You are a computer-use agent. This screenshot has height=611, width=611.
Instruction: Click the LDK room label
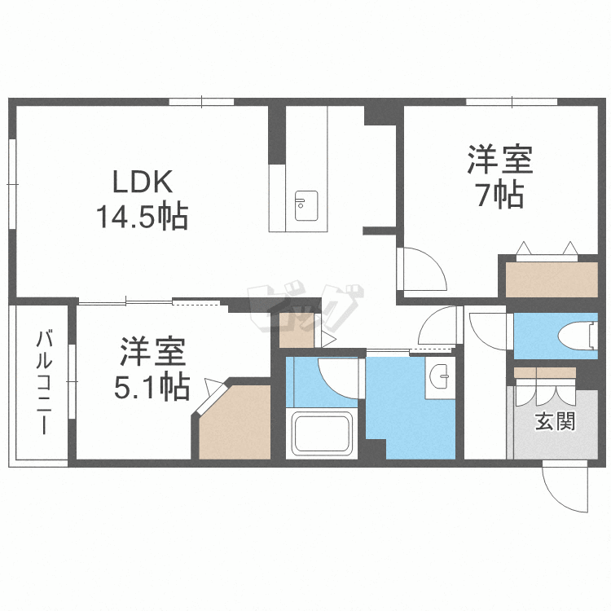pyautogui.click(x=143, y=182)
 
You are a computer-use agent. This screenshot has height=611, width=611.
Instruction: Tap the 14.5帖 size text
pyautogui.click(x=143, y=216)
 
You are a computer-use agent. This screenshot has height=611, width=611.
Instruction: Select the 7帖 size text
pyautogui.click(x=500, y=195)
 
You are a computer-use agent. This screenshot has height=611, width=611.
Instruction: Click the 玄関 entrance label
pyautogui.click(x=555, y=421)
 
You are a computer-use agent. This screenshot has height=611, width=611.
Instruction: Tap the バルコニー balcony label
pyautogui.click(x=44, y=382)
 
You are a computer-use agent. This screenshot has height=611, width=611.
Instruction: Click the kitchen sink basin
pyautogui.click(x=305, y=206)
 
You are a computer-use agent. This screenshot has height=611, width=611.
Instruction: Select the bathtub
pyautogui.click(x=322, y=433)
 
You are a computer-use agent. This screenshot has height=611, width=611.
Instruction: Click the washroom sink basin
pyautogui.click(x=440, y=376)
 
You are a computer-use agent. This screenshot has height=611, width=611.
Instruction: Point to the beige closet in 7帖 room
pyautogui.click(x=552, y=279)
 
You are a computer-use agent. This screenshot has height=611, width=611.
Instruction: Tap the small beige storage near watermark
pyautogui.click(x=297, y=329)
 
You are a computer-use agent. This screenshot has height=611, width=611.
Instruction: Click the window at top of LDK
pyautogui.click(x=201, y=102)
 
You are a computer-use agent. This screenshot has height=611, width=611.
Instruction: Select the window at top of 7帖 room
pyautogui.click(x=512, y=102)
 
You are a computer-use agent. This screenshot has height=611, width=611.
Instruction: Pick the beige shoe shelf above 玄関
pyautogui.click(x=545, y=372)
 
